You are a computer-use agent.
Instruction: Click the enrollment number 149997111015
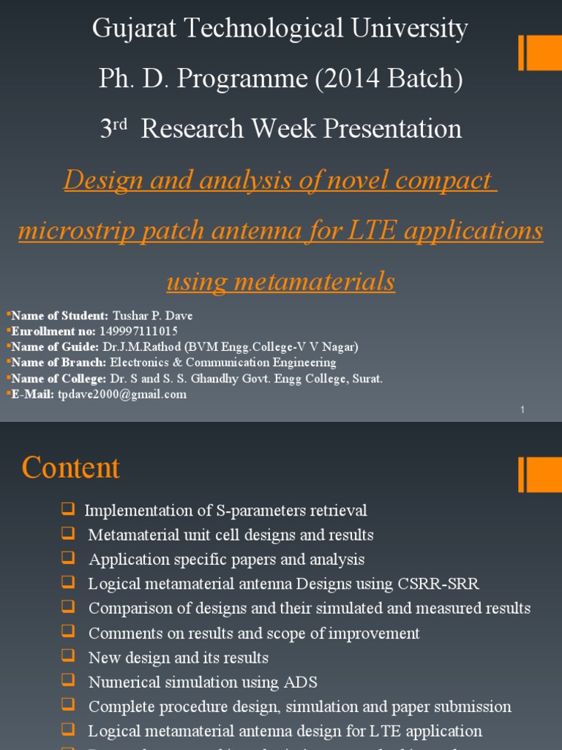138,331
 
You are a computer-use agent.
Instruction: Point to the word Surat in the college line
368,379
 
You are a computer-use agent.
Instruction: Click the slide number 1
522,410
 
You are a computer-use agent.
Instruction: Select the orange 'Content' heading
70,467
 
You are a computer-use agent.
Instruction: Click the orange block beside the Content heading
540,475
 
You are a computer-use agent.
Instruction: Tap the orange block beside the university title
540,53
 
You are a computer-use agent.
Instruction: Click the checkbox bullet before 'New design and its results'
69,656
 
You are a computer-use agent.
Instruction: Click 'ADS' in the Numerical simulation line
301,682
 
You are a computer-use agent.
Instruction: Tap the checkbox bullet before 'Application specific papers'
69,558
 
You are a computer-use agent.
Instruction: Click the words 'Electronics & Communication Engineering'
223,363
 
